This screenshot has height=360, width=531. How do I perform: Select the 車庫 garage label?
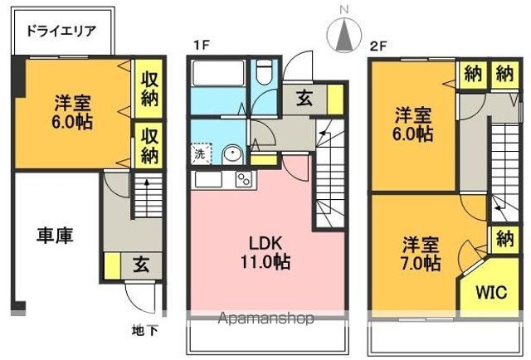point(55,235)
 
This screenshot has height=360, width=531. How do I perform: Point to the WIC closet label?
point(489,292)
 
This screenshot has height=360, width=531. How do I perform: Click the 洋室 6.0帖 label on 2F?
point(412,122)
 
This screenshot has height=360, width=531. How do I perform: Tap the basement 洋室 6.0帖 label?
point(73,112)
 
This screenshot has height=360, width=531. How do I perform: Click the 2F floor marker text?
point(378,46)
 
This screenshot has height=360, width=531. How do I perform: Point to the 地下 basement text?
point(145,330)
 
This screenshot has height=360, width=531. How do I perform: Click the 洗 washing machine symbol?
point(200,153)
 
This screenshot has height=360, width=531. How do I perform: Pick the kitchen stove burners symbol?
point(244,180)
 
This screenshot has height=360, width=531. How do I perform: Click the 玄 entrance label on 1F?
point(304,98)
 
